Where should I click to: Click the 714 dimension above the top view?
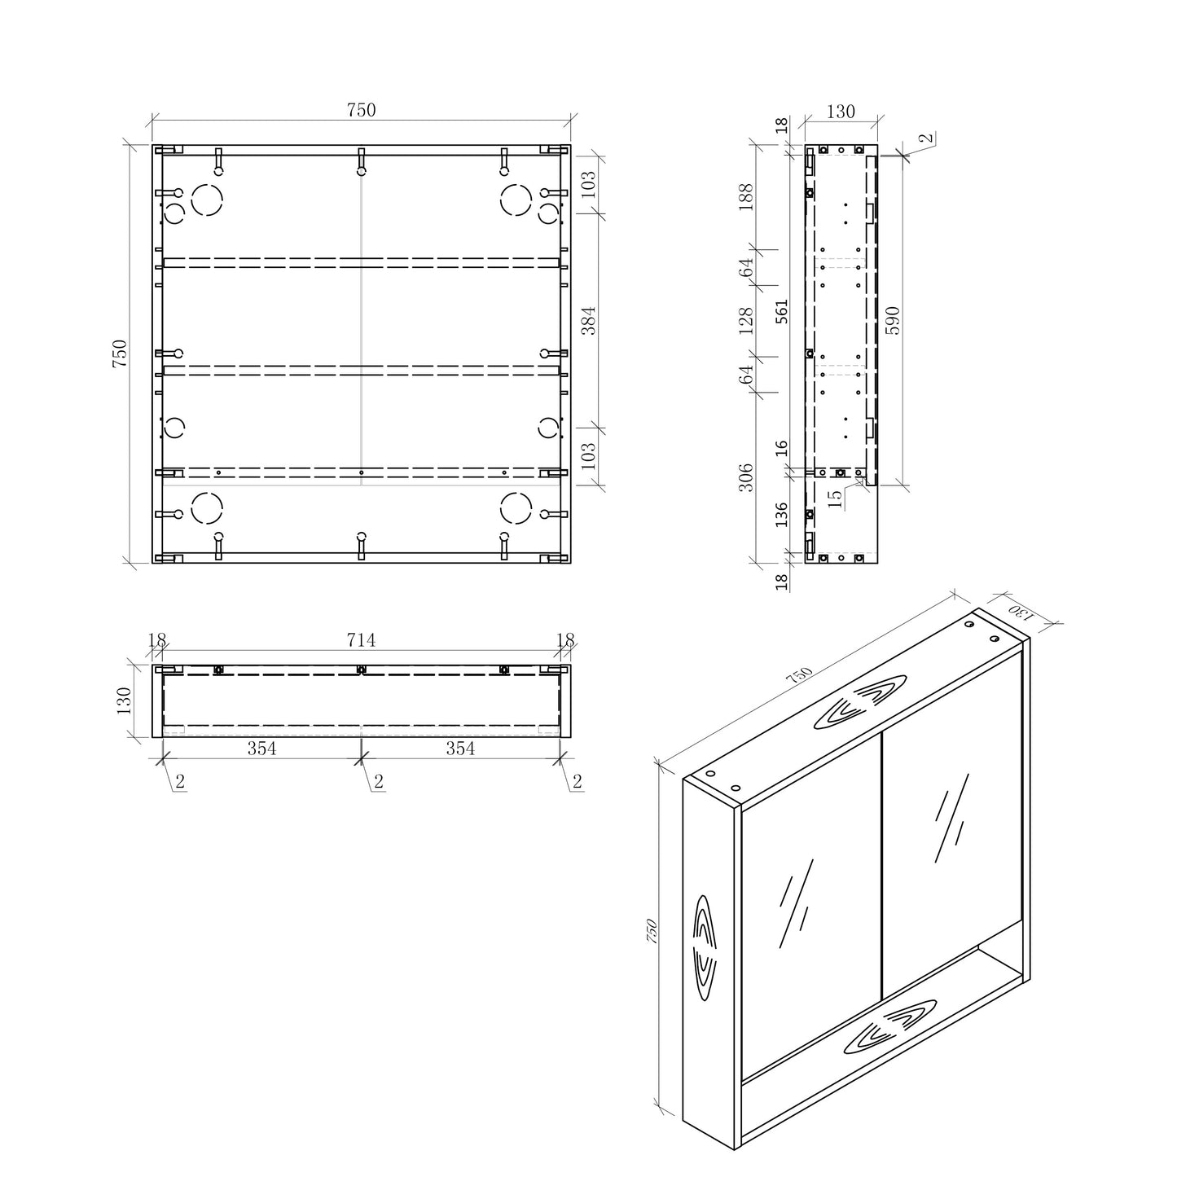click(x=361, y=640)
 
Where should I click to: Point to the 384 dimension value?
click(x=588, y=321)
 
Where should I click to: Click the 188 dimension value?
click(x=746, y=197)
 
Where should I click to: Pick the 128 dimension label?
click(x=746, y=320)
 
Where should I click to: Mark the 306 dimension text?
click(x=746, y=477)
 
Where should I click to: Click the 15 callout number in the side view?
click(x=835, y=498)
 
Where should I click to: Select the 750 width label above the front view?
click(x=361, y=110)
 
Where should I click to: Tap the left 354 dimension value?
click(x=261, y=749)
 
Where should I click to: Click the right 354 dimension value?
click(x=460, y=749)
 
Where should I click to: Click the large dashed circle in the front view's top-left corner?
click(x=207, y=199)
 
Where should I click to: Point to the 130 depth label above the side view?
click(x=841, y=112)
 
